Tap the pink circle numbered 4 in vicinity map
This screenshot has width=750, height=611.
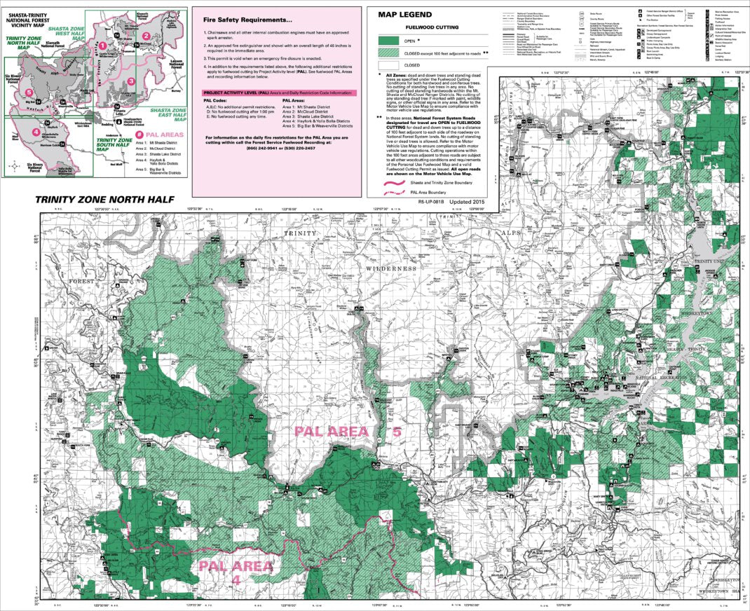tap(35, 131)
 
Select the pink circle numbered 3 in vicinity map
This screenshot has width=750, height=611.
tap(130, 81)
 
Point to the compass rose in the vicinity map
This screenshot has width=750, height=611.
tap(15, 167)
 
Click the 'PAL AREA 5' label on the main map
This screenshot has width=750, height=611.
tap(348, 432)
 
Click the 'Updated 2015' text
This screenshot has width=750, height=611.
tap(468, 201)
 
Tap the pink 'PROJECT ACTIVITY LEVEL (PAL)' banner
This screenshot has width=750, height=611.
tap(278, 92)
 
